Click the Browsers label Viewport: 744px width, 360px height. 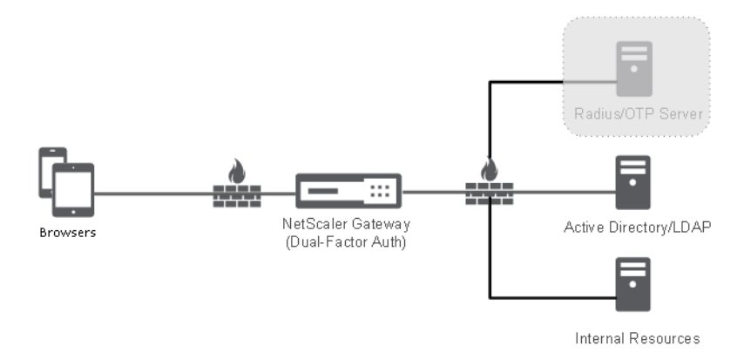click(67, 234)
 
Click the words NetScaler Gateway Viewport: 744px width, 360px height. click(347, 225)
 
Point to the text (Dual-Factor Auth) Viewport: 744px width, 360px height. click(347, 241)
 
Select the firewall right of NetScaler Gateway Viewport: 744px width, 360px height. click(489, 194)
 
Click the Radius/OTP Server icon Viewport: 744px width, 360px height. click(633, 67)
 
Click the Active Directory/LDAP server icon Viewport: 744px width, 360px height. click(633, 182)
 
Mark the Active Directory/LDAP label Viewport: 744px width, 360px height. click(639, 228)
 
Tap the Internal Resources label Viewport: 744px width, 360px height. click(639, 336)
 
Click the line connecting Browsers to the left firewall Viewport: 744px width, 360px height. click(152, 193)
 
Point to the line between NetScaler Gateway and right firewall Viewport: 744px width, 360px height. click(434, 193)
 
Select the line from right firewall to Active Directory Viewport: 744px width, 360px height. click(562, 193)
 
